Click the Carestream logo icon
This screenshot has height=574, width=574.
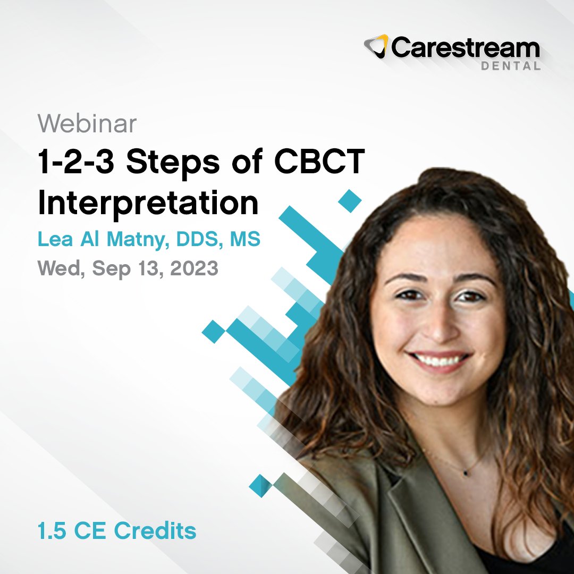point(377,47)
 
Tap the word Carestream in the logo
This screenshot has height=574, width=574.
point(466,48)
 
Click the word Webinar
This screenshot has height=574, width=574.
point(87,124)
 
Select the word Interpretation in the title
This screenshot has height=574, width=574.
point(148,203)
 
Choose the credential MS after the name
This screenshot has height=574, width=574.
point(244,239)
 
